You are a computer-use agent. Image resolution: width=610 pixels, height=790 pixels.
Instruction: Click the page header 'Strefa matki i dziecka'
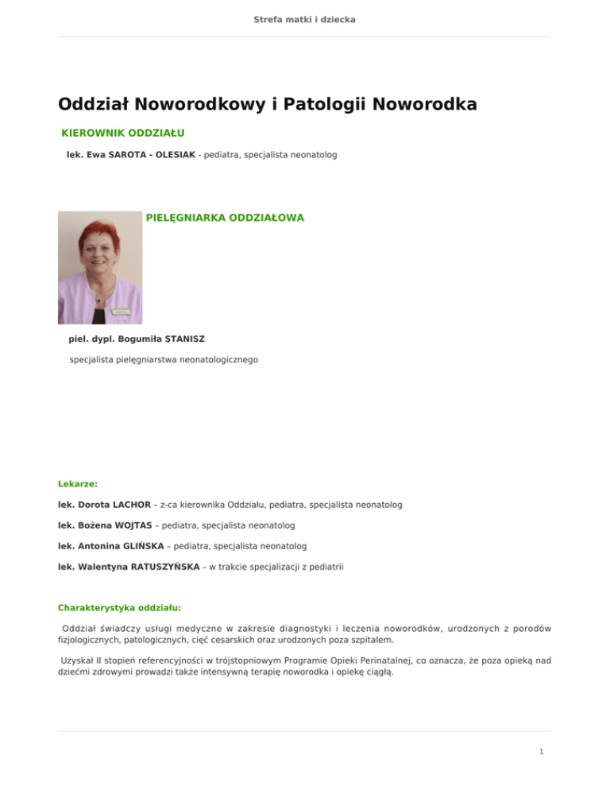[305, 18]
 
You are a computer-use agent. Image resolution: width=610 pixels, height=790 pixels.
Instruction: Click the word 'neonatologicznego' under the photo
[217, 360]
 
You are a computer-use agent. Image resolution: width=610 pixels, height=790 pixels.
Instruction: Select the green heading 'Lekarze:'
[78, 482]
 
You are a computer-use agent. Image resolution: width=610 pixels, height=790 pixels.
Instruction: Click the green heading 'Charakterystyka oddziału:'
[120, 607]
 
